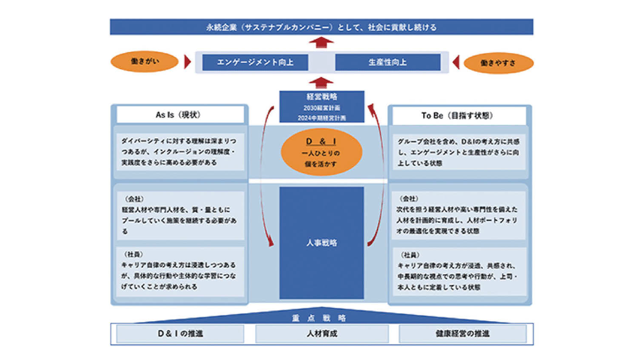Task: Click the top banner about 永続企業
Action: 321,27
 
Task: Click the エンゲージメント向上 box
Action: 255,62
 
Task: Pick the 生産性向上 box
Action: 387,62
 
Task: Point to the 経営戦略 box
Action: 322,107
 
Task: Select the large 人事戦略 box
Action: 322,243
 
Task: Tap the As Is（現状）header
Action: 180,115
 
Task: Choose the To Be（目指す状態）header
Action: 459,115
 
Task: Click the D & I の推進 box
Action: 180,334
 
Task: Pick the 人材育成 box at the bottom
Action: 322,334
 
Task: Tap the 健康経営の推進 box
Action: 462,334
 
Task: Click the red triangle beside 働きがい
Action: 187,62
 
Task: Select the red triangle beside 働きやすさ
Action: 455,62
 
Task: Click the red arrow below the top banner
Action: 321,43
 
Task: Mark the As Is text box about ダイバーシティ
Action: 180,152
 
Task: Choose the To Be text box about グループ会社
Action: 459,152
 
